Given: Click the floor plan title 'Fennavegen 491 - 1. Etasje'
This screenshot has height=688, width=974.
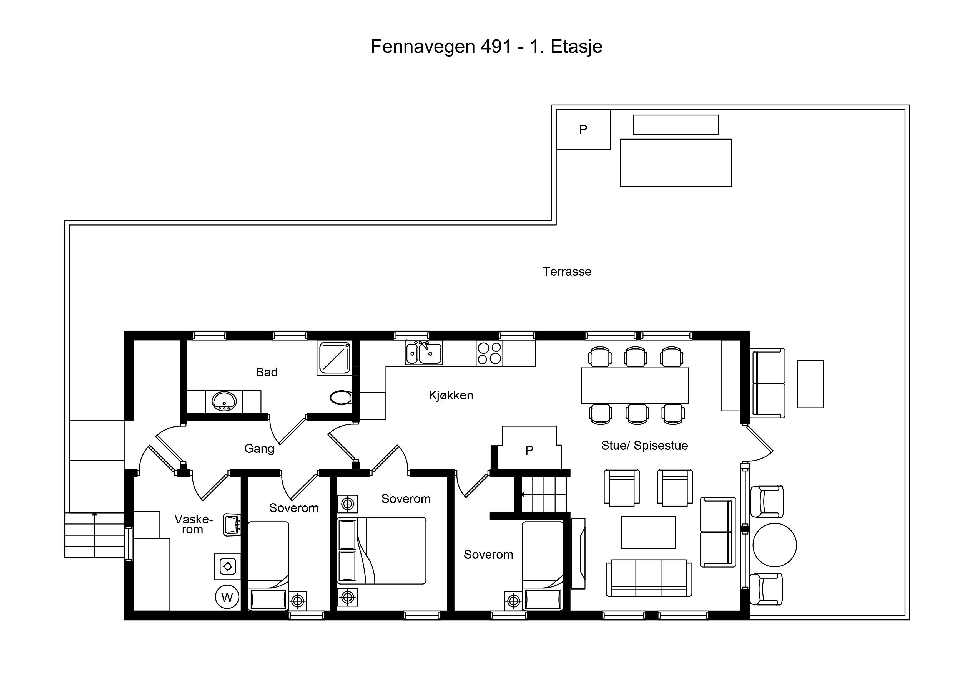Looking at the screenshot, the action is pyautogui.click(x=486, y=47).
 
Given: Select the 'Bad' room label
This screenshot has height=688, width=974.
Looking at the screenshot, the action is pyautogui.click(x=267, y=372).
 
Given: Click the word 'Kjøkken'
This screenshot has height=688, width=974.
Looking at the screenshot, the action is pyautogui.click(x=451, y=396).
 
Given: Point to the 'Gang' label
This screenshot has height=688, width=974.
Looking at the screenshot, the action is pyautogui.click(x=259, y=449).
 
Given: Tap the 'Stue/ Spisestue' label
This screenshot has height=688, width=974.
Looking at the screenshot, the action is pyautogui.click(x=644, y=446).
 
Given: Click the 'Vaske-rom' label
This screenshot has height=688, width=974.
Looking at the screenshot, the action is pyautogui.click(x=194, y=524).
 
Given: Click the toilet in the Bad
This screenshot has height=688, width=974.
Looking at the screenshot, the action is pyautogui.click(x=341, y=398).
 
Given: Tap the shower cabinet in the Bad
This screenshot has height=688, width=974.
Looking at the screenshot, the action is pyautogui.click(x=334, y=358).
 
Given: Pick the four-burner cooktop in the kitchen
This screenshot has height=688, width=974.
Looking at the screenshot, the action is pyautogui.click(x=489, y=353).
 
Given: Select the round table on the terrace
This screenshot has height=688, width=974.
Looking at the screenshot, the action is pyautogui.click(x=775, y=545).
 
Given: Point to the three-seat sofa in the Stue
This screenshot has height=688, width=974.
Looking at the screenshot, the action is pyautogui.click(x=649, y=578).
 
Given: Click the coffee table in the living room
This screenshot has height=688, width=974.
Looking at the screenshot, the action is pyautogui.click(x=648, y=532).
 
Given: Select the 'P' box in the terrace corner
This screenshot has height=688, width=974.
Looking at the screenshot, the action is pyautogui.click(x=583, y=129).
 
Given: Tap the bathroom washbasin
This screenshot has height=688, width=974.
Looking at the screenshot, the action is pyautogui.click(x=224, y=401).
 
